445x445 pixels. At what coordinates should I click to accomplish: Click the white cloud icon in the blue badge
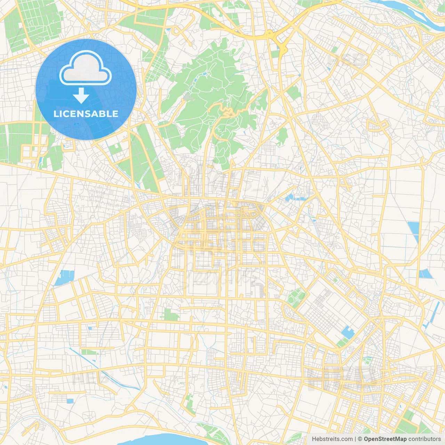coord(85,68)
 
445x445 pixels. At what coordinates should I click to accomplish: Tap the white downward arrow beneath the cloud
coord(81,96)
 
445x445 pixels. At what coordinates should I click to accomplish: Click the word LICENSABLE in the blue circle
coord(86,114)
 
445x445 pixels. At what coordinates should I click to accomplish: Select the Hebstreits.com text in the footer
coord(332,439)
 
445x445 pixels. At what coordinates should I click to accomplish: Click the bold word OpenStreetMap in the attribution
coord(385,439)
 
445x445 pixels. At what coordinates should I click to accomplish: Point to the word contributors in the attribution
coord(424,439)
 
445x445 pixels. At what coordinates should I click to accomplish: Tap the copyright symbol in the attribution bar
coord(360,439)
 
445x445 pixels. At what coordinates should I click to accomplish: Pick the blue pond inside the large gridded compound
coord(347,332)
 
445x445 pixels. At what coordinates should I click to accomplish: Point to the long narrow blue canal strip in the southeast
coord(433,315)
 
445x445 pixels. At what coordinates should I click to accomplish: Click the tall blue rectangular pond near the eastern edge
coord(414,229)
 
